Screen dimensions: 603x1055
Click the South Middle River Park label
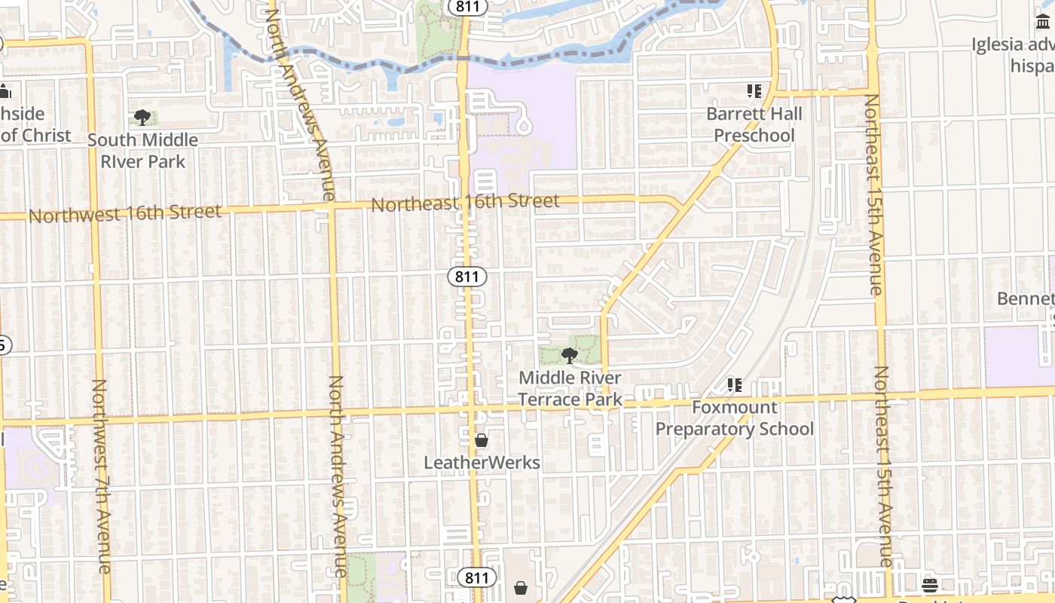coord(142,150)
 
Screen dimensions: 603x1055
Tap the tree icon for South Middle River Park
coord(142,117)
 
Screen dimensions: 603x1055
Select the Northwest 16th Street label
coord(125,213)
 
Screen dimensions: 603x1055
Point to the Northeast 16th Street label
coord(465,202)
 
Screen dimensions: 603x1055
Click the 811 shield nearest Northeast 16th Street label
coord(467,277)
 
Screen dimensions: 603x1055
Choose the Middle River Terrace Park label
coord(570,388)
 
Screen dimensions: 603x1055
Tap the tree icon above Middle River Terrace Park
coord(570,355)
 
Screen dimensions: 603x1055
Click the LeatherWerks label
coord(482,462)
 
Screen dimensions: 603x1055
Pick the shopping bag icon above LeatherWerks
coord(482,440)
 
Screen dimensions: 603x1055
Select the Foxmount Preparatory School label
coord(734,418)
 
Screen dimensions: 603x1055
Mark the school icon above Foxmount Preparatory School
coord(734,385)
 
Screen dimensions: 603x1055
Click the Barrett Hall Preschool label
coord(754,124)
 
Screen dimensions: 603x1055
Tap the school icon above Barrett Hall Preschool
coord(754,91)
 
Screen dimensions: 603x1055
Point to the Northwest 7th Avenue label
coord(102,475)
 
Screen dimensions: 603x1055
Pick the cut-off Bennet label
coord(1025,298)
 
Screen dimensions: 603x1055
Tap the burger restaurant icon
coord(929,585)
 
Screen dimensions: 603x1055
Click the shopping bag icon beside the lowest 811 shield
coord(520,586)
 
